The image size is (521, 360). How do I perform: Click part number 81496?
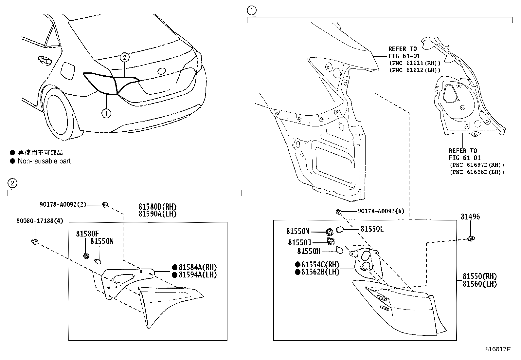(x=470, y=217)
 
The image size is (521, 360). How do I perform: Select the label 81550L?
(x=372, y=229)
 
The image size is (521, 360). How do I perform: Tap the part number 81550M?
(x=298, y=231)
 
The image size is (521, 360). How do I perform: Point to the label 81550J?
(x=299, y=242)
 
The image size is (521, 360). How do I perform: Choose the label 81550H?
(x=309, y=251)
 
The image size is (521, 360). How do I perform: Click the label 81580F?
(x=87, y=234)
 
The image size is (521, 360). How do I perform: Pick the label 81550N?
(x=102, y=241)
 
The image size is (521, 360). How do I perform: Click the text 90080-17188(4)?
(x=40, y=221)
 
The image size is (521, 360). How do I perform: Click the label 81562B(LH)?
(x=320, y=272)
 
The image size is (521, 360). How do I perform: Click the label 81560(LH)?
(x=479, y=284)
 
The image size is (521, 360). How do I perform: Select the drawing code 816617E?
(x=498, y=349)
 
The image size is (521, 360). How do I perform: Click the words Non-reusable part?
(x=44, y=161)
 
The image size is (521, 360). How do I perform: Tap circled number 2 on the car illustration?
(x=124, y=57)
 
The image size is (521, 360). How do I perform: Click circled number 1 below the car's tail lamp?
(x=106, y=114)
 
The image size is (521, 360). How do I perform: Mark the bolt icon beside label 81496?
(x=472, y=238)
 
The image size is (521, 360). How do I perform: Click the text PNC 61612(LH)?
(x=415, y=70)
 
